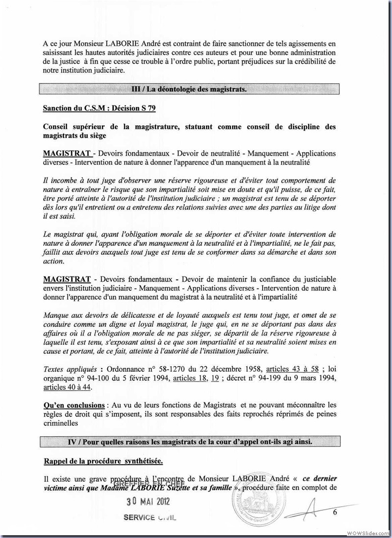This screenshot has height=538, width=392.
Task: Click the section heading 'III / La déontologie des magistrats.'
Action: coord(190,89)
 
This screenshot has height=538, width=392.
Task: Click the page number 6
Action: coord(335,513)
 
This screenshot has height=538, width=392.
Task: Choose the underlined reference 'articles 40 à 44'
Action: coord(66,386)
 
